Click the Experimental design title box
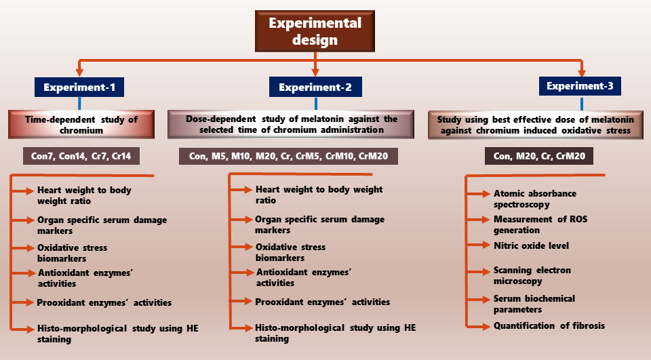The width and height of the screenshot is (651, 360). [315, 31]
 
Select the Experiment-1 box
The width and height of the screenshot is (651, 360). [79, 87]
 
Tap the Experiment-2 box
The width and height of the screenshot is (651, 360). [315, 87]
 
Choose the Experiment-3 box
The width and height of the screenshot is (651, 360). [580, 86]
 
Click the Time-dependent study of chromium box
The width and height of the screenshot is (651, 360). [81, 125]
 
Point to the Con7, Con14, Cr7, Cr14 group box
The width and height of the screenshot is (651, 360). [81, 156]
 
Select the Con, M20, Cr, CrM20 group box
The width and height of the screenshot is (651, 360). [539, 156]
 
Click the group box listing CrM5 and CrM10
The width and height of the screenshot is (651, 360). [289, 156]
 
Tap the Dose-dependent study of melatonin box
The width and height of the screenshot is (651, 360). [291, 124]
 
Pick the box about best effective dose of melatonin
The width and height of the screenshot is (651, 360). [536, 125]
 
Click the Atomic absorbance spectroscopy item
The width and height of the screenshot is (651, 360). [535, 199]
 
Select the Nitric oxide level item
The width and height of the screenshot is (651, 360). [531, 245]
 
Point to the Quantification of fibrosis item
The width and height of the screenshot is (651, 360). [549, 325]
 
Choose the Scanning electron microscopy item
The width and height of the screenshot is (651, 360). [532, 275]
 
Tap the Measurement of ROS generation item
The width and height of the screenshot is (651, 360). [540, 224]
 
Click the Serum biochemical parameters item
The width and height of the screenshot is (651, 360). [534, 304]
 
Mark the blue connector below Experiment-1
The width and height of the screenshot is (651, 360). [79, 104]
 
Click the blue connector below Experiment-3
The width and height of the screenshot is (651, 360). [582, 104]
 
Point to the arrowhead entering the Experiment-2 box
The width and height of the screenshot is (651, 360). [315, 73]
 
